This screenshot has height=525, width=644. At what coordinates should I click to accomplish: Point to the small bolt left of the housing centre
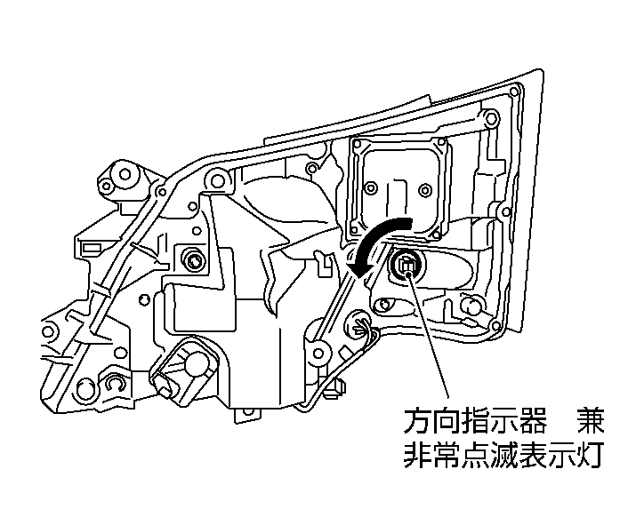coord(190,260)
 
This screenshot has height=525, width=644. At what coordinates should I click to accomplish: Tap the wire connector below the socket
coord(359,326)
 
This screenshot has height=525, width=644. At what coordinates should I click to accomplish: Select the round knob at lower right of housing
coord(472,307)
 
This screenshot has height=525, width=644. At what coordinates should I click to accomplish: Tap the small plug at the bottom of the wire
coord(337,387)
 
